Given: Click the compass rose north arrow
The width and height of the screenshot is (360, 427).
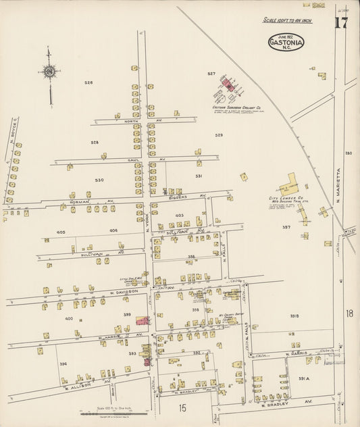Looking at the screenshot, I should pos(49,71).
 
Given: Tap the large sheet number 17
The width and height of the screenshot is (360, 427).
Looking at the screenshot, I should pos(340,23).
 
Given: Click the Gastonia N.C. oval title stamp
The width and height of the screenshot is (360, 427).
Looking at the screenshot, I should pos(286,43).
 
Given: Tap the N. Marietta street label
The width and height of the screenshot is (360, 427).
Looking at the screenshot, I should pos(338,186).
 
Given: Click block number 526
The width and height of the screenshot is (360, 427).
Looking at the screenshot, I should pos(88,82).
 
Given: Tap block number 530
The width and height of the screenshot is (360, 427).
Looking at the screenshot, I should pos(99,180).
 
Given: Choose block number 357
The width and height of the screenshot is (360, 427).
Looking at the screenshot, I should pos(286,227).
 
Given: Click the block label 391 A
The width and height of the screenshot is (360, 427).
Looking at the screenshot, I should pos(303,378).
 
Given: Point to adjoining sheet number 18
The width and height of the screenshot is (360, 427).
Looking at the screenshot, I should pos(349,313).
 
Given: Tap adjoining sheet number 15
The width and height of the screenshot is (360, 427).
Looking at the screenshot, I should pos(182,407).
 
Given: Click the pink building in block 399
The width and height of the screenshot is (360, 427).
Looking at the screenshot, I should pos(143,320).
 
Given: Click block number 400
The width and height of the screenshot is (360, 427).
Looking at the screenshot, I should pos(68,318).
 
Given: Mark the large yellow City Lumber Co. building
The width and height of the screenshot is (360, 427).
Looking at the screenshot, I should pos(290,184).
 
